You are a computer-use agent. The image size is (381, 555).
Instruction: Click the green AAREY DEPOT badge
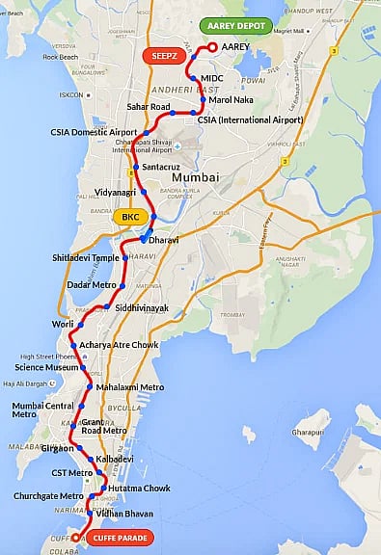coord(236,27)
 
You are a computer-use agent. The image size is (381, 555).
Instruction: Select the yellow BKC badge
coord(130,217)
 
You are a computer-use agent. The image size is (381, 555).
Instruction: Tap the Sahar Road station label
coord(149,106)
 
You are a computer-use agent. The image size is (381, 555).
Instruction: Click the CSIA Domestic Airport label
coord(95,133)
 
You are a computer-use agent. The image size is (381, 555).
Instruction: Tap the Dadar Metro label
coord(92,285)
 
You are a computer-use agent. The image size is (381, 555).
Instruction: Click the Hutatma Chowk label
coord(140,489)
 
